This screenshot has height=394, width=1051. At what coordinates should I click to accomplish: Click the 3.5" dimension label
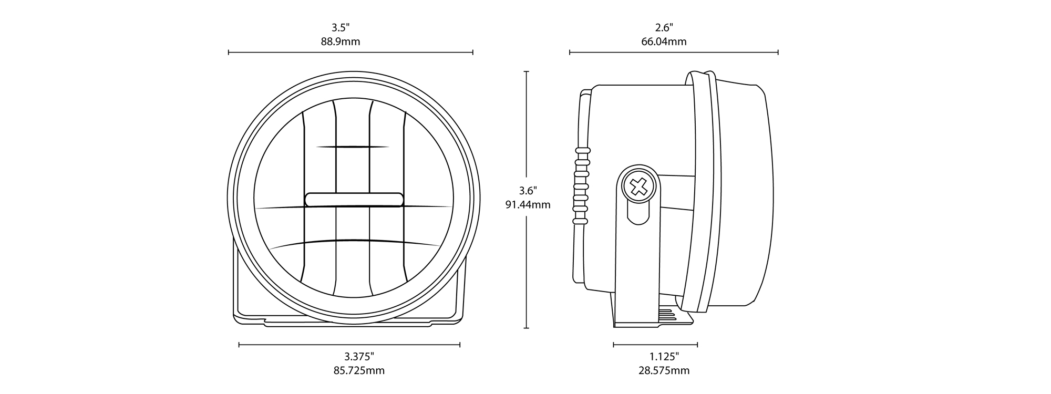(x=341, y=27)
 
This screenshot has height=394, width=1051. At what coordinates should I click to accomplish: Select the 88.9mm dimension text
(x=341, y=42)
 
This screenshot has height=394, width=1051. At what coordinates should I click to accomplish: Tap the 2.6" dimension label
(x=664, y=27)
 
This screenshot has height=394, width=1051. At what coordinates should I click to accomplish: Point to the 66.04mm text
(x=664, y=42)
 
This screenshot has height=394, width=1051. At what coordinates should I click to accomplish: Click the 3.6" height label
(x=528, y=190)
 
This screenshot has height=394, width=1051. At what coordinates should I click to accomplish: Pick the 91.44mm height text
(x=528, y=205)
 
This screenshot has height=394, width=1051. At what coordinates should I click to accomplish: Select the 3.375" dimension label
(x=359, y=356)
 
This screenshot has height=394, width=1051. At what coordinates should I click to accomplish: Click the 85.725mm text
(x=359, y=371)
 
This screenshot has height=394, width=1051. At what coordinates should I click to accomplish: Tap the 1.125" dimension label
(x=664, y=356)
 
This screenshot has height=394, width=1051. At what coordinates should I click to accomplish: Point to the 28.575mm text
(x=664, y=371)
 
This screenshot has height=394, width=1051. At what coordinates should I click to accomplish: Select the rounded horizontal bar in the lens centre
(x=354, y=200)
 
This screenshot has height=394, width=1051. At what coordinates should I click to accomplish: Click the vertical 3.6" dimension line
(x=527, y=200)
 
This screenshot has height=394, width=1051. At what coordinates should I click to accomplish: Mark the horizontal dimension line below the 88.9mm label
(x=351, y=52)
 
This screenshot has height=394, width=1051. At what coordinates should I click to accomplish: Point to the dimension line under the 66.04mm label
(x=674, y=52)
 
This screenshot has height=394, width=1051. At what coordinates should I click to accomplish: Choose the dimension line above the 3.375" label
(x=349, y=345)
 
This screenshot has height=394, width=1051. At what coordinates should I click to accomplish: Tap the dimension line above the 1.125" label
(x=655, y=345)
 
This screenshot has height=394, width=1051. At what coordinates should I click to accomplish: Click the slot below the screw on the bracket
(x=638, y=212)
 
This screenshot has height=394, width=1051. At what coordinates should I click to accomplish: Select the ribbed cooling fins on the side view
(x=580, y=185)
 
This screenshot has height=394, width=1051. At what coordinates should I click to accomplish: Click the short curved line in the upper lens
(x=353, y=147)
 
